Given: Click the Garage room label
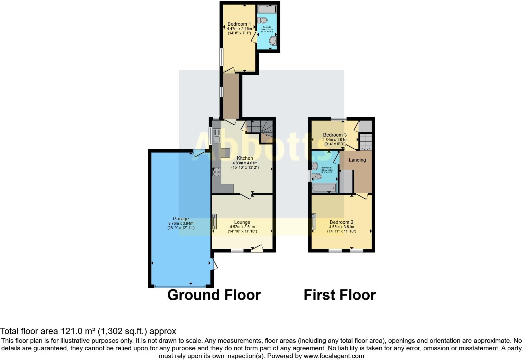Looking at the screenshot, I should (x=181, y=219).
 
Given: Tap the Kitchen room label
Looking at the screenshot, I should (x=245, y=158).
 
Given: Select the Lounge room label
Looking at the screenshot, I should (x=242, y=222).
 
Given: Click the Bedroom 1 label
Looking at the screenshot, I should (x=239, y=24).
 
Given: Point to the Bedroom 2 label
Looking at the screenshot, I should (x=342, y=222).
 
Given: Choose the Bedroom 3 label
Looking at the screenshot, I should (x=335, y=135).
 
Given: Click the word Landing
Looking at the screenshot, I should (x=357, y=160).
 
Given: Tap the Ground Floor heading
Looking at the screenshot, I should (x=214, y=295).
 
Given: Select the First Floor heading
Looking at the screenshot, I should (x=340, y=295).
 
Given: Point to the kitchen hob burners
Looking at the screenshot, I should (x=217, y=172).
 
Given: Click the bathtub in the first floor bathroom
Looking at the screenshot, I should (x=324, y=188).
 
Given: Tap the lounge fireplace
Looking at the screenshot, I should (x=214, y=221).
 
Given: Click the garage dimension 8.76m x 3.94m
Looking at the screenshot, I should (x=181, y=223).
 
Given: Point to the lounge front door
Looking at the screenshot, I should (x=257, y=249).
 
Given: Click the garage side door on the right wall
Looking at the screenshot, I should (x=214, y=264).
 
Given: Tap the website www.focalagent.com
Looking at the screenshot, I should (x=333, y=356).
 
